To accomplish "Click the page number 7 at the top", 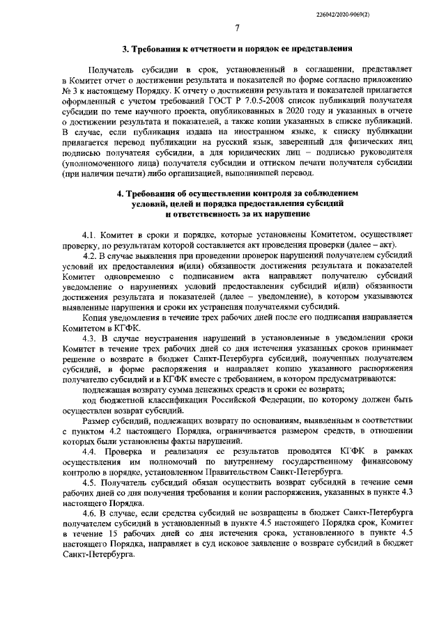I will pyautogui.click(x=237, y=28).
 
